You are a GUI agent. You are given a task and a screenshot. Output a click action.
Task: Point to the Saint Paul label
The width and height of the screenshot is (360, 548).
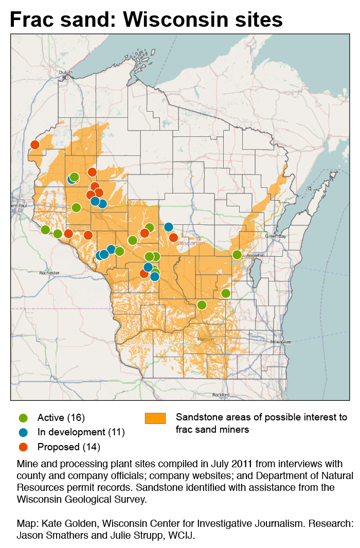[x=17, y=205]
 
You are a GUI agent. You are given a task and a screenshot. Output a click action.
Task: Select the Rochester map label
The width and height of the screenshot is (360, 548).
[x=49, y=273]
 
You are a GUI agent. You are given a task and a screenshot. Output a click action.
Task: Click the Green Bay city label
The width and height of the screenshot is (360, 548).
[x=275, y=236]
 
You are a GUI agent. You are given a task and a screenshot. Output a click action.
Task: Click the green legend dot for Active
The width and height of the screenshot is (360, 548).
[x=23, y=417]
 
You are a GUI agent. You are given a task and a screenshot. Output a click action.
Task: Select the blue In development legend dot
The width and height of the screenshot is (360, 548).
[x=23, y=432]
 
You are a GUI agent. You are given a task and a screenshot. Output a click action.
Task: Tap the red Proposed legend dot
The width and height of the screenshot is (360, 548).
[x=23, y=447]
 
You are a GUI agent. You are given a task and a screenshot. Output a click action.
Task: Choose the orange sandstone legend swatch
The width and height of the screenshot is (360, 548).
[x=155, y=418]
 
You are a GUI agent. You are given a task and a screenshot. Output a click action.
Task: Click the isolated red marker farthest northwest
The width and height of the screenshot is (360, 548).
[x=35, y=145]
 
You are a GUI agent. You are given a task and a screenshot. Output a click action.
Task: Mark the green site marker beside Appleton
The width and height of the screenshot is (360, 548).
[x=237, y=255]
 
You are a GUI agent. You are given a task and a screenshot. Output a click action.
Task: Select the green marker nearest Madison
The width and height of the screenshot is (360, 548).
[x=202, y=305]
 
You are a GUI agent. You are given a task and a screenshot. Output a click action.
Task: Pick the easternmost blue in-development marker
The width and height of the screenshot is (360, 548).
[x=168, y=227]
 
